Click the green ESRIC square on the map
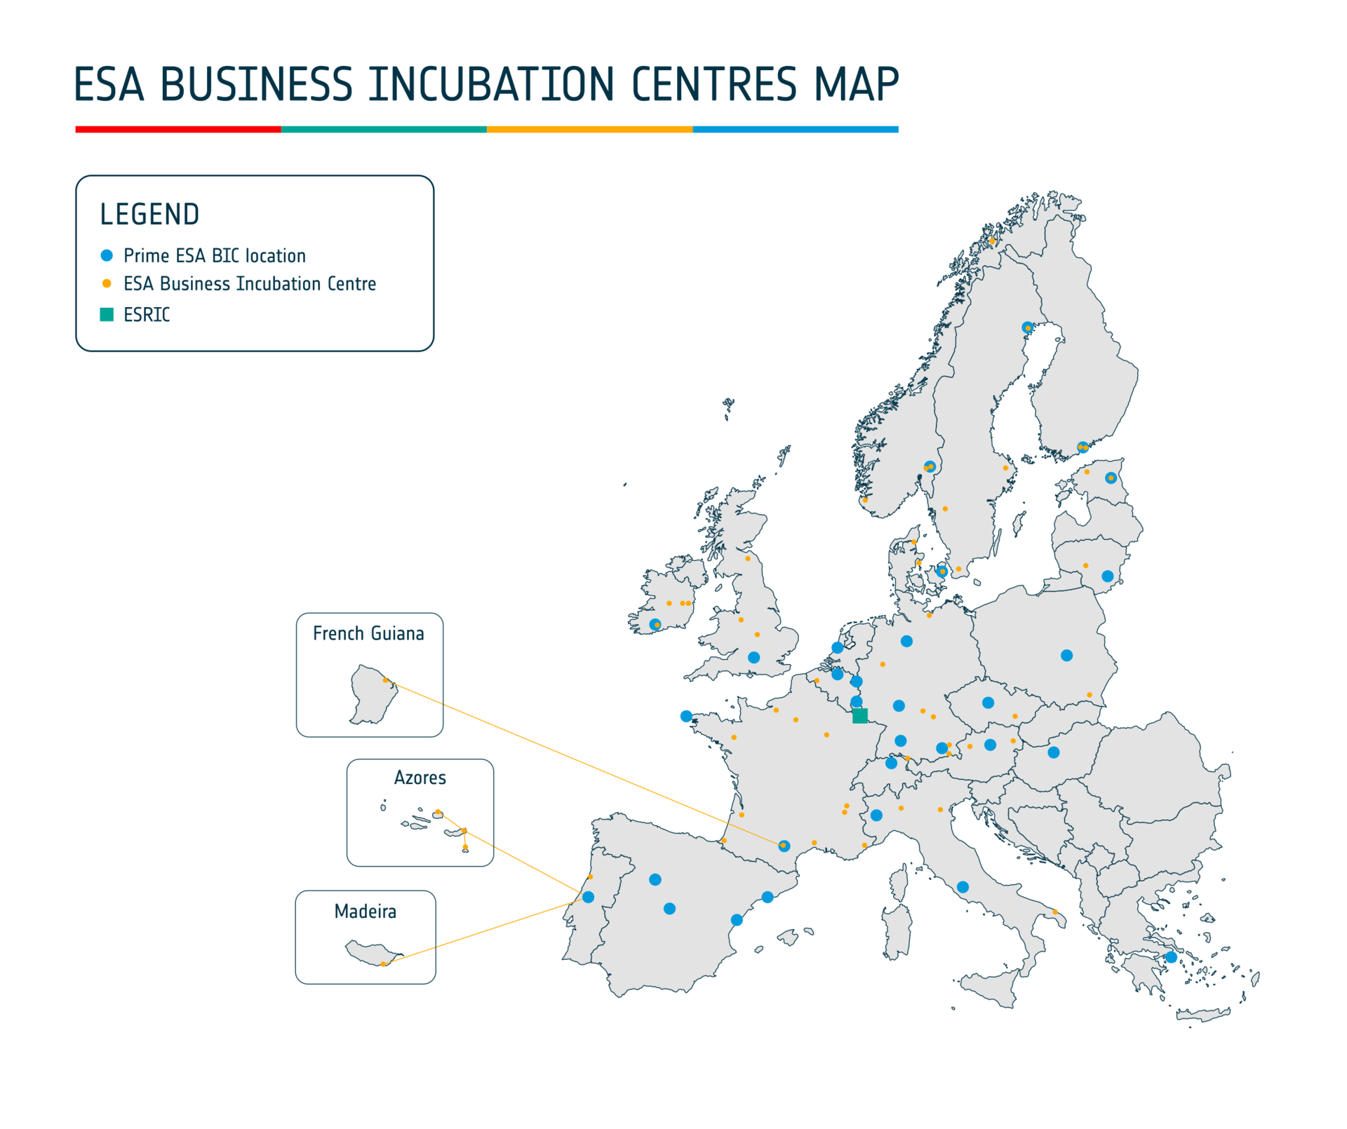(x=859, y=715)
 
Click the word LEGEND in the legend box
(x=149, y=215)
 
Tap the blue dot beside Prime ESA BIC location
(x=107, y=255)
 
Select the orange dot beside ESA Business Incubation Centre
(x=107, y=283)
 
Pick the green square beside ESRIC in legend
(x=107, y=314)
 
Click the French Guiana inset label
(x=368, y=633)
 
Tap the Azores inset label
(x=420, y=777)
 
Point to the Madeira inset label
(x=365, y=911)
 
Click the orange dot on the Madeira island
(x=383, y=964)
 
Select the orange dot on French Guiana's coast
(x=385, y=680)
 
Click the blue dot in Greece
(x=1171, y=957)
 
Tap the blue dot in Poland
(x=1066, y=655)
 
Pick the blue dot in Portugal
(x=588, y=897)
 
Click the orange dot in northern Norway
(x=992, y=241)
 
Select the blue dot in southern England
(x=753, y=657)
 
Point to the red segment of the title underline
(x=178, y=129)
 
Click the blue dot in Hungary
(x=1054, y=752)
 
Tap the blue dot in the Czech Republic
(x=988, y=702)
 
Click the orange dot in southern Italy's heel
(x=1054, y=912)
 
